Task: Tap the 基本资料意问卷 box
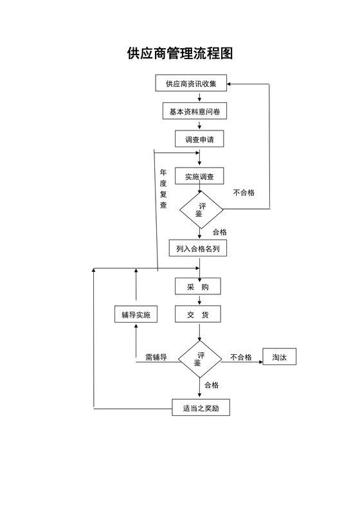coord(194,112)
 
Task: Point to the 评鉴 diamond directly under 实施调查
coord(200,210)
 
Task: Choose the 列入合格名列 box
coord(197,249)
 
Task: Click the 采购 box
coord(198,287)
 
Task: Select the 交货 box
coord(198,314)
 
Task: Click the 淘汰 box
coord(279,357)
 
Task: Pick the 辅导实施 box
coord(136,314)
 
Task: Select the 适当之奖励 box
coord(201,407)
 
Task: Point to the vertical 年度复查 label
coord(163,189)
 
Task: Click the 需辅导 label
coord(156,357)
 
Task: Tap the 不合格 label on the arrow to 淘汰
coord(240,357)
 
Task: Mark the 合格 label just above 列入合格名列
coord(219,232)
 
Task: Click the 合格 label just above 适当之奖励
coord(212,386)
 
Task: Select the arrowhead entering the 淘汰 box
coord(260,362)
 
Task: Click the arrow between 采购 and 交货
coord(200,301)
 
